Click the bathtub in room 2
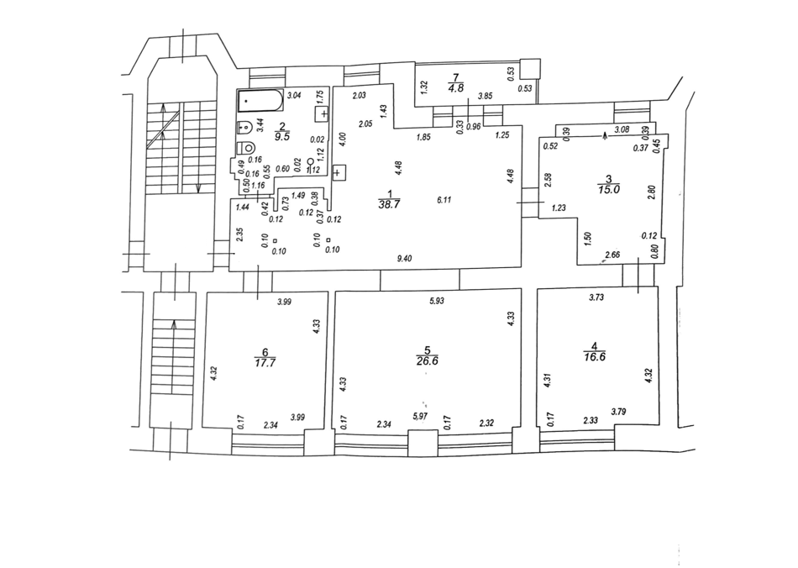pos(260,101)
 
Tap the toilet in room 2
pos(246,148)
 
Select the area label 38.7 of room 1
pos(389,205)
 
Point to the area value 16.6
pos(595,357)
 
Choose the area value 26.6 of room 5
pos(428,361)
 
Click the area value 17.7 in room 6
pos(265,362)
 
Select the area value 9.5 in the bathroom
pos(282,136)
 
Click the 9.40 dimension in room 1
pos(404,259)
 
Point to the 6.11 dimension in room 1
pos(444,199)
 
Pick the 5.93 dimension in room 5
pos(437,301)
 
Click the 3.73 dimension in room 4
pos(596,297)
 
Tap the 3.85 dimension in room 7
pos(486,95)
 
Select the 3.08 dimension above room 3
pos(622,129)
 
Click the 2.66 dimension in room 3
pos(612,255)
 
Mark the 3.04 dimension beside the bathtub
pos(295,95)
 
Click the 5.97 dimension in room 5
pos(420,416)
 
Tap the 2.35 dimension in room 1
pos(241,234)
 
